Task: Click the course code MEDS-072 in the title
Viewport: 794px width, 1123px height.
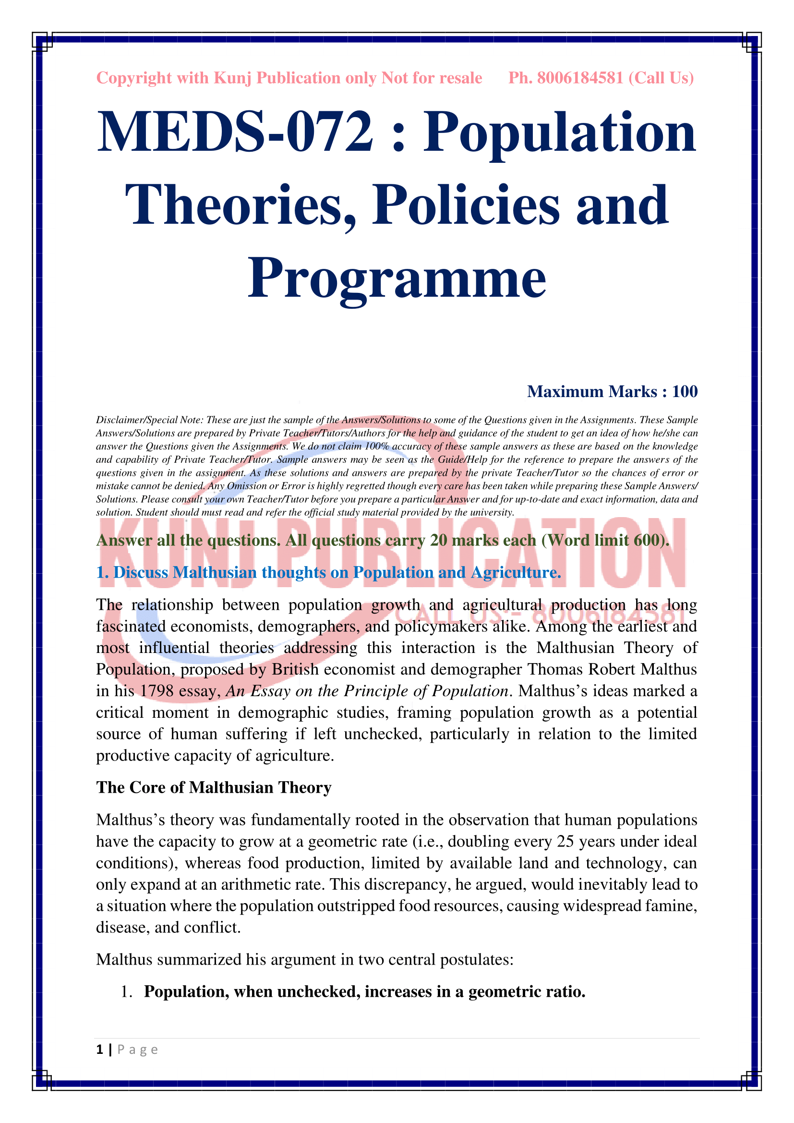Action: (235, 132)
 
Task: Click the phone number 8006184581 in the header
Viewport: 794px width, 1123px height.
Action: (580, 78)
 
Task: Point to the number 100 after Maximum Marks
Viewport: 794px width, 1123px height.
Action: (685, 391)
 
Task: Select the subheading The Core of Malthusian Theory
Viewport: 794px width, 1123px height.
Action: (214, 787)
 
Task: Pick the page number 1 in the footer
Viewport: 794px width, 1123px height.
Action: (100, 1049)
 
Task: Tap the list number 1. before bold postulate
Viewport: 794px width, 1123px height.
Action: (126, 991)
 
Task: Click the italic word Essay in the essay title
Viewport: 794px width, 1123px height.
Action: (269, 690)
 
